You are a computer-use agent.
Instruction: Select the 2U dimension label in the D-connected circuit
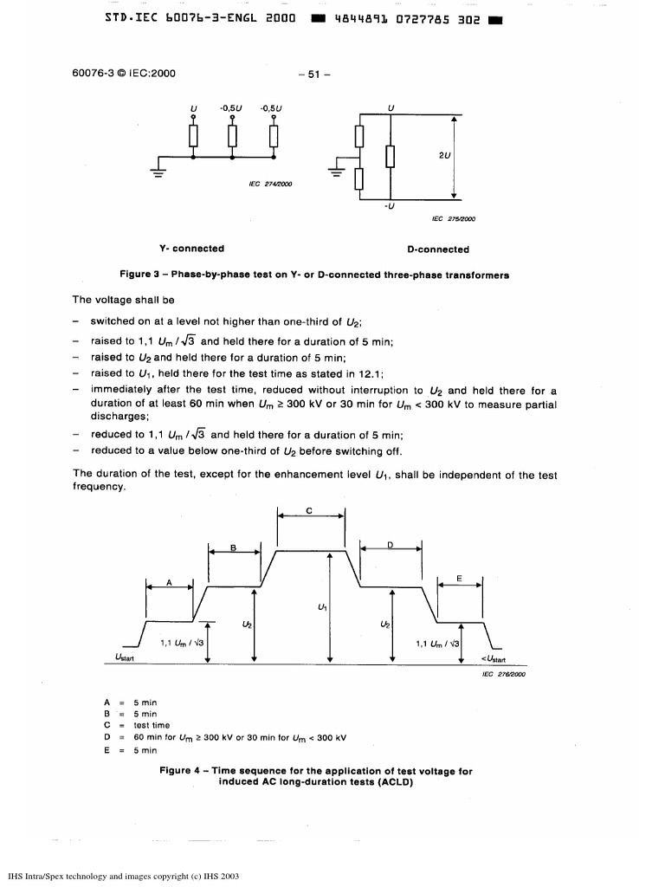(x=444, y=156)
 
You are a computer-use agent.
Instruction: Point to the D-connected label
(x=438, y=249)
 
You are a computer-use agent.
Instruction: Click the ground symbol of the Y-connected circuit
(x=158, y=169)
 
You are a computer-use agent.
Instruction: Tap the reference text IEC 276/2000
(x=497, y=674)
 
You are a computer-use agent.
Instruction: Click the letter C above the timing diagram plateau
(x=310, y=511)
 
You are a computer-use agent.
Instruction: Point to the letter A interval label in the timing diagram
(x=169, y=581)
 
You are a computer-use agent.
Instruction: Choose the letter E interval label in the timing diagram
(x=459, y=578)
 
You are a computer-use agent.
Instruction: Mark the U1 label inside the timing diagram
(x=322, y=606)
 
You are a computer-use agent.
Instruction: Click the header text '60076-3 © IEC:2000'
(x=124, y=73)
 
